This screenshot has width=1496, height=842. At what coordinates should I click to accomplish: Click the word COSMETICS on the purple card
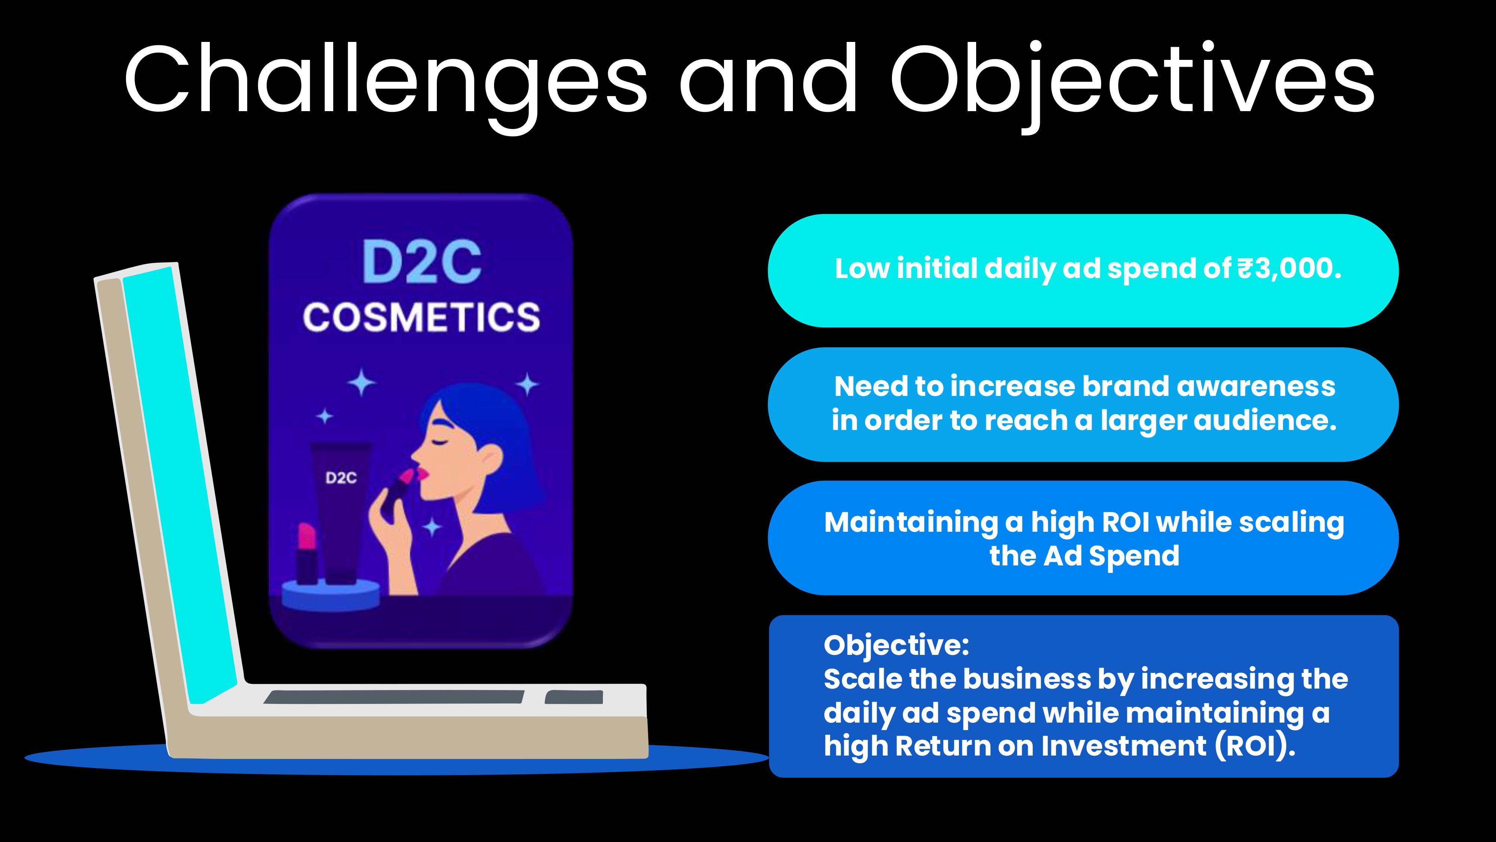(421, 317)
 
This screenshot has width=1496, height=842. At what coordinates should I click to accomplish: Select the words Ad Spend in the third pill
(1112, 556)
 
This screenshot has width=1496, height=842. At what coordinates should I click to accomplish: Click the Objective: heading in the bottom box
(896, 646)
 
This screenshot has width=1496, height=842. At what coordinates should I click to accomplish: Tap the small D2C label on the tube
(341, 478)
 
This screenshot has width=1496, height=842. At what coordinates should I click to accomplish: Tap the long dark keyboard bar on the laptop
(394, 697)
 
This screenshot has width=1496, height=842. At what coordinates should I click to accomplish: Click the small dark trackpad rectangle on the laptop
(574, 697)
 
